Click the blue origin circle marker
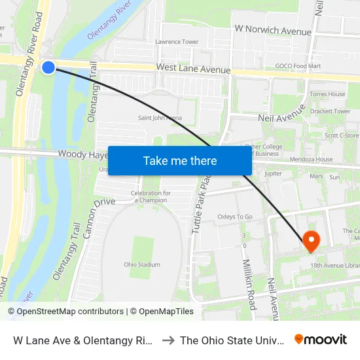point(48,67)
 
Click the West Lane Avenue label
point(193,69)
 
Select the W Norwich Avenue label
point(273,30)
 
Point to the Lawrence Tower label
point(177,42)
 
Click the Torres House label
point(328,94)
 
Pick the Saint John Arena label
point(160,118)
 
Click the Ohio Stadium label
point(142,265)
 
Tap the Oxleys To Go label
point(235,217)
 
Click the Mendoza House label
point(312,159)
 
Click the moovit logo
point(321,339)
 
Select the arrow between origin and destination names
point(167,340)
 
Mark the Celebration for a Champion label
point(151,196)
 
